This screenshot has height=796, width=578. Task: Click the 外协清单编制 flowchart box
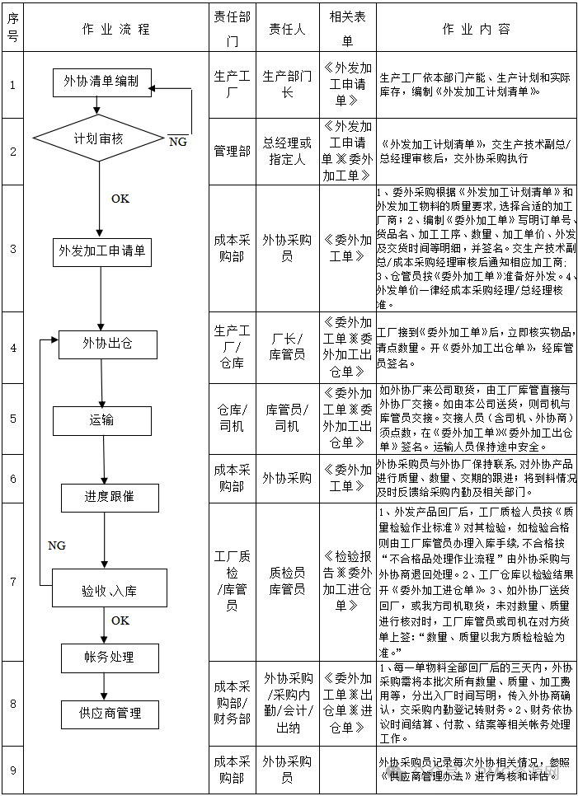point(101,81)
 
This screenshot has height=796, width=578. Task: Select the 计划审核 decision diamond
point(98,138)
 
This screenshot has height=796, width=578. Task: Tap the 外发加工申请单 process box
point(102,251)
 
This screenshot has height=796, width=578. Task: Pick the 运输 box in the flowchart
point(102,420)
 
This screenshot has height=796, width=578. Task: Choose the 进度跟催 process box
point(110,497)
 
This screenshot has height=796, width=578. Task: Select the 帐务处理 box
point(110,657)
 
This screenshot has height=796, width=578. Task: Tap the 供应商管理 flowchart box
point(110,714)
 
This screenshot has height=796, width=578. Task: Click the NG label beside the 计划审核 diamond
point(177,142)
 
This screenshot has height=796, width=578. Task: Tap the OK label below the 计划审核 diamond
point(120,199)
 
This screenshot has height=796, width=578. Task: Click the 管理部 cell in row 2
point(232,152)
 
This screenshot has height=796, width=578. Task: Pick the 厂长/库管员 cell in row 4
point(288,347)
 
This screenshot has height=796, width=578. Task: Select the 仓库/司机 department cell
point(232,418)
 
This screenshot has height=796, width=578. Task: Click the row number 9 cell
point(12,770)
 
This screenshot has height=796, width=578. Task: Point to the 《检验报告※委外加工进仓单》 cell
point(347,581)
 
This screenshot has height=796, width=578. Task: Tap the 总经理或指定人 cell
point(288,152)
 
